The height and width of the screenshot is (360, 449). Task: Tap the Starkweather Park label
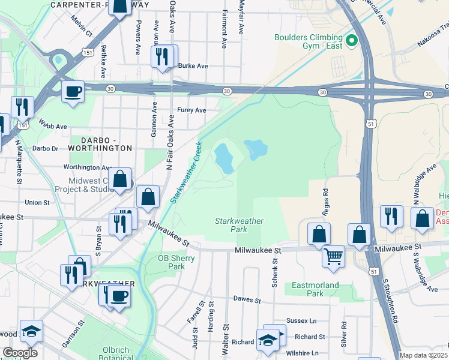pos(239,225)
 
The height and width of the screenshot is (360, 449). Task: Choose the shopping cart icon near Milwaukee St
pos(333,256)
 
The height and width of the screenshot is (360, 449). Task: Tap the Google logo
pos(20,353)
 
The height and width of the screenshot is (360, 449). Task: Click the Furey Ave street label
pos(191,110)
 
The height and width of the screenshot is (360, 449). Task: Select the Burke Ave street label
pos(192,66)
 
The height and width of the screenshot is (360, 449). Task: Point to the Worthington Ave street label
pos(88,167)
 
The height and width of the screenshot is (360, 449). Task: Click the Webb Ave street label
pos(53,127)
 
